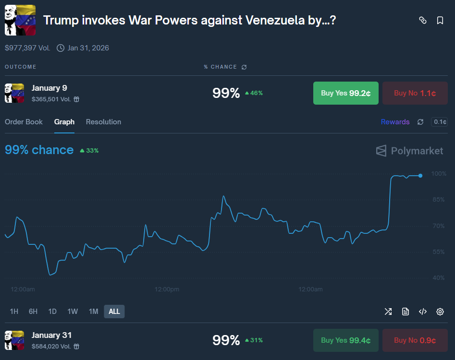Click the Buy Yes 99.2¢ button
click(x=345, y=93)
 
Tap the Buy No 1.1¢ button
click(x=415, y=93)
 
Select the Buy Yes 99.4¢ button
click(x=345, y=340)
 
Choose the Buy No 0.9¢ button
click(x=415, y=340)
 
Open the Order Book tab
click(x=24, y=122)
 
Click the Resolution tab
click(x=103, y=122)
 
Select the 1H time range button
click(x=14, y=312)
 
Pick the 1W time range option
click(x=73, y=312)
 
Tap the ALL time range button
click(x=114, y=312)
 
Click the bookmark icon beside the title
click(x=440, y=20)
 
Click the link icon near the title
click(x=423, y=20)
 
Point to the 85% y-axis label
click(x=439, y=200)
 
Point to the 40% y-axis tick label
click(x=439, y=278)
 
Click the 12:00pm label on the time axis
click(x=167, y=289)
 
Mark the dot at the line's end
click(x=420, y=176)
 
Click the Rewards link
click(x=395, y=122)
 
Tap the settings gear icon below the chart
click(x=440, y=312)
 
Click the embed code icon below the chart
click(x=423, y=312)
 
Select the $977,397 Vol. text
click(x=27, y=48)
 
